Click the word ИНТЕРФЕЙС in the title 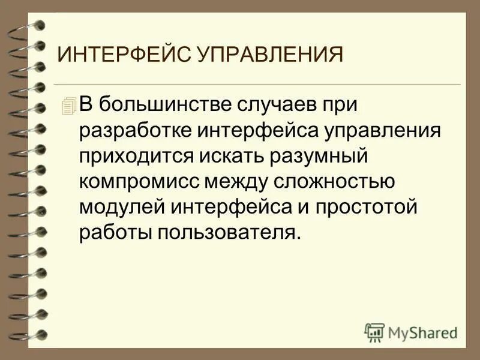point(124,55)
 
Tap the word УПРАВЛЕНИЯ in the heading point(269,55)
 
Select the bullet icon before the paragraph point(70,106)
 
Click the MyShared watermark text point(422,331)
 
